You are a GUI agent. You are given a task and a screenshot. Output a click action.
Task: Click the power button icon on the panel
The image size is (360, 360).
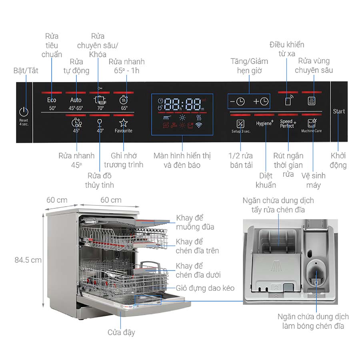tap(24, 112)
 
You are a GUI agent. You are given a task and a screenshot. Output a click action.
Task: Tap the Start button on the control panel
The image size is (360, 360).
tap(339, 111)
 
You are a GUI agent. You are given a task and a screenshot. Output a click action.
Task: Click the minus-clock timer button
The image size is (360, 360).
tap(237, 102)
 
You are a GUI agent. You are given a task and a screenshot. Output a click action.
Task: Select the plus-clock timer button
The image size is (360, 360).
tap(261, 102)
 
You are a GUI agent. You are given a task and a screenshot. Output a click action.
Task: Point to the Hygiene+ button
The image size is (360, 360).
tap(265, 124)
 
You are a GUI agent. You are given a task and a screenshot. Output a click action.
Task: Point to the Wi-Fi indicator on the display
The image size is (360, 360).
tap(199, 125)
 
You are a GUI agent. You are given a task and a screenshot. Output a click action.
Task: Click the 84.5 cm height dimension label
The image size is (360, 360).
tap(28, 260)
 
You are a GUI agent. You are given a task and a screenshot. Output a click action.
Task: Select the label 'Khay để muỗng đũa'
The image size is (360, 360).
tap(195, 222)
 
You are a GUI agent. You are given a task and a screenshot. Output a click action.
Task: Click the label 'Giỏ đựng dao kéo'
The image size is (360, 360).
tap(205, 288)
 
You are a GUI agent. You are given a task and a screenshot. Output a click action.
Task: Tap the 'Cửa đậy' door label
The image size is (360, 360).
tap(121, 332)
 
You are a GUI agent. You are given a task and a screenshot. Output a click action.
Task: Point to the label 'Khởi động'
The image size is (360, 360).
tap(338, 160)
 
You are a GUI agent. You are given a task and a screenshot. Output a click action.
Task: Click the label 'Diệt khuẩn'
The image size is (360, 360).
tap(266, 180)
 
